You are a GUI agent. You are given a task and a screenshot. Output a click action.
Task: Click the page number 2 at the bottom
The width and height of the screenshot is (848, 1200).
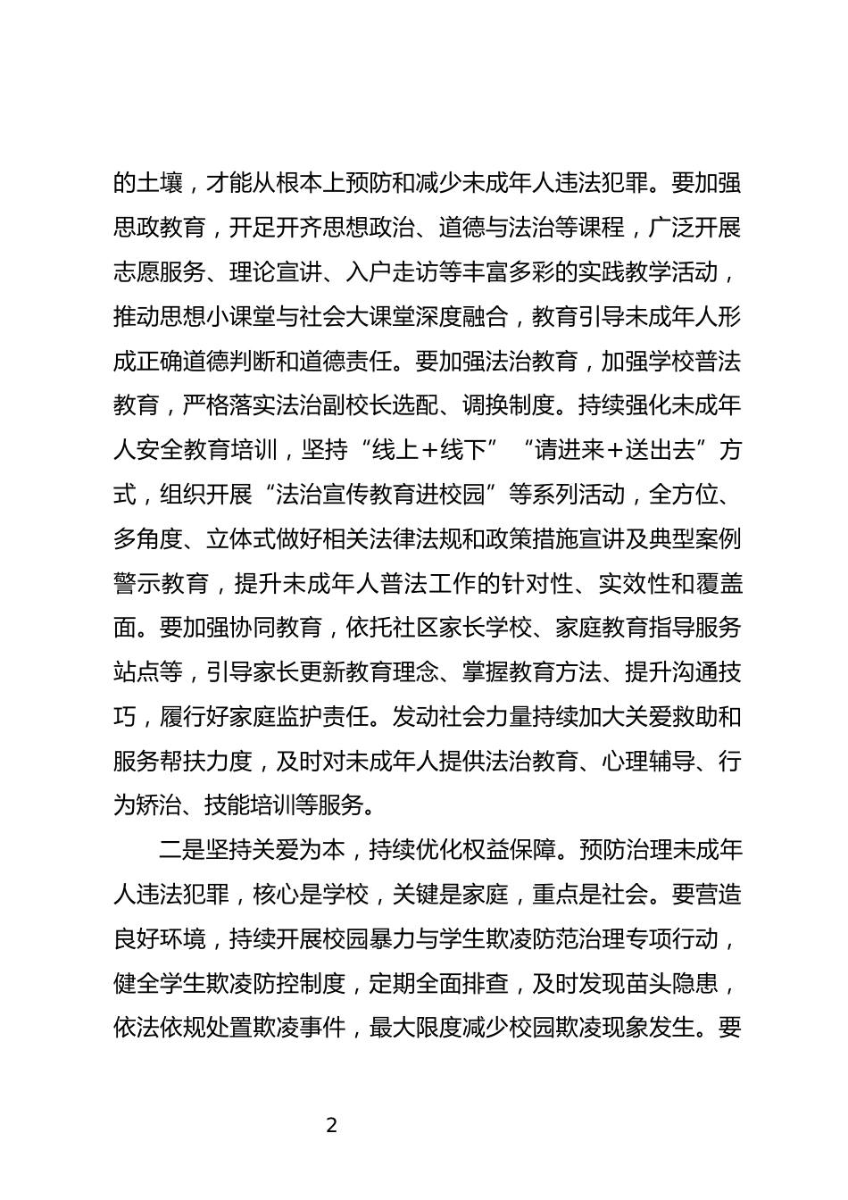tap(332, 1125)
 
